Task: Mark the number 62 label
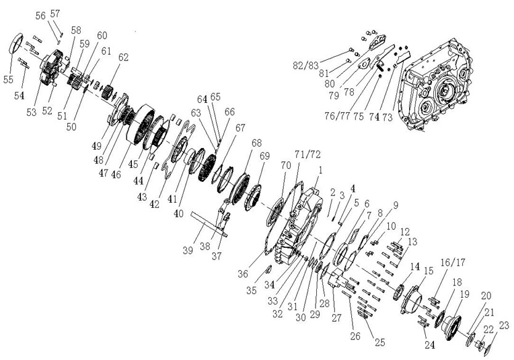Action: pos(123,58)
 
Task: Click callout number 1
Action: pos(320,169)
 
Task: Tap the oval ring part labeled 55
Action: pos(18,46)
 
